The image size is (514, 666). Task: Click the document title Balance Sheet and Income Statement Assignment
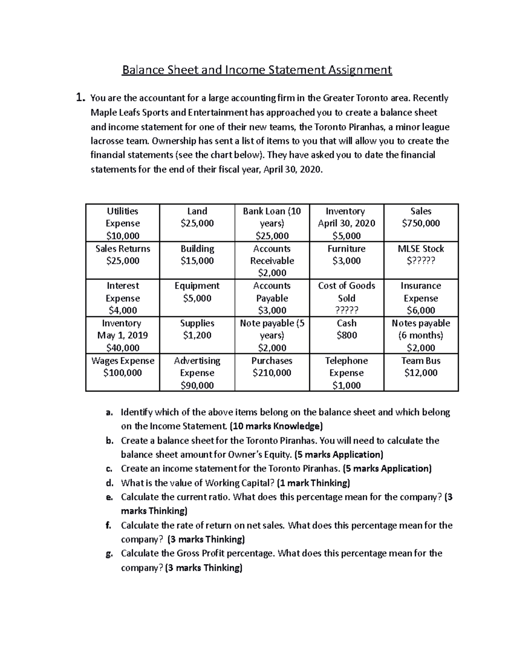tap(257, 69)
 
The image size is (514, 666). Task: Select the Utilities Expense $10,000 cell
tap(123, 223)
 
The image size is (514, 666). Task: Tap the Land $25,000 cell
tap(197, 217)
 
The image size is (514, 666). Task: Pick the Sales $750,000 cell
tap(421, 217)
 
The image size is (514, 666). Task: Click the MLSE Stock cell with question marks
tap(421, 255)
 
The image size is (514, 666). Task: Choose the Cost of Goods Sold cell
tap(347, 298)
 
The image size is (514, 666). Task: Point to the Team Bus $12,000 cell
tap(421, 367)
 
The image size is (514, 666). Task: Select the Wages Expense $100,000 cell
tap(123, 367)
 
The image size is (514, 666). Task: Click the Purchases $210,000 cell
tap(272, 367)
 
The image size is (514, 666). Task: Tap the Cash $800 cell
tap(347, 329)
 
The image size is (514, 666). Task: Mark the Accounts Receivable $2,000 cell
tap(272, 261)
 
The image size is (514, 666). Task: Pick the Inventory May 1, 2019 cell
tap(123, 335)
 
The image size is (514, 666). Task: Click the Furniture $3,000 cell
tap(347, 255)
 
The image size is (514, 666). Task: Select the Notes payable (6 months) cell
tap(421, 335)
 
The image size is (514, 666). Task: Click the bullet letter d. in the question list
tap(110, 483)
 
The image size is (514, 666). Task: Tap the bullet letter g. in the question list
tap(110, 554)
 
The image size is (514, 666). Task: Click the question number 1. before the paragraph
tap(80, 98)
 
